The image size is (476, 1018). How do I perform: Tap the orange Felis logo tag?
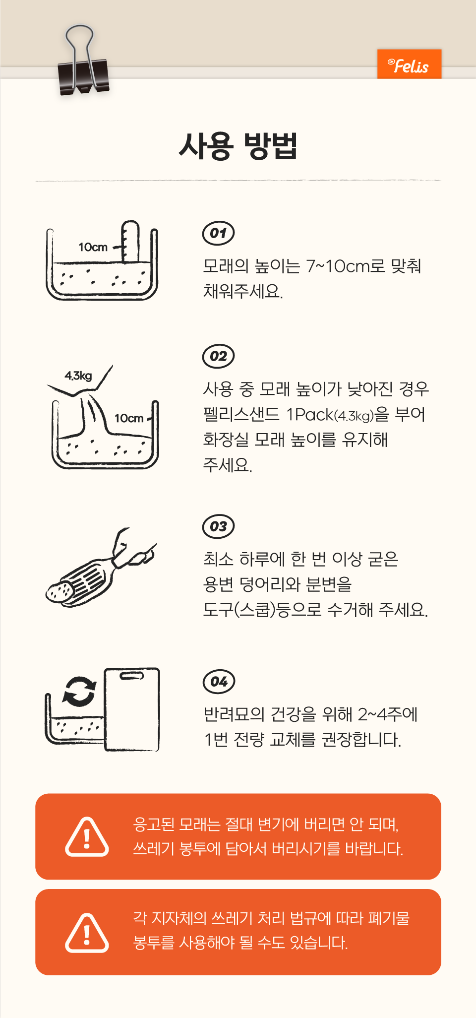(x=409, y=64)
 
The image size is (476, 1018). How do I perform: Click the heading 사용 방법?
(x=238, y=146)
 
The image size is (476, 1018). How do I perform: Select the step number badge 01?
(x=219, y=233)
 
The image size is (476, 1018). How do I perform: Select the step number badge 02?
(x=219, y=356)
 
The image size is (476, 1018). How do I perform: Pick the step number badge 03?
(x=219, y=526)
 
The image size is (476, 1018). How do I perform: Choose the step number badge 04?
(x=219, y=682)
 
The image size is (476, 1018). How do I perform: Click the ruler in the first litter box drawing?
(x=130, y=242)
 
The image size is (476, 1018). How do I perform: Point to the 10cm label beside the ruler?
(x=93, y=247)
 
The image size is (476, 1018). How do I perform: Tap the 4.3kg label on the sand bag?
(x=78, y=376)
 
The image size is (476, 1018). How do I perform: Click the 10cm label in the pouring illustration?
(x=129, y=418)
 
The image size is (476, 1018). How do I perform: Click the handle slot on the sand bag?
(x=132, y=676)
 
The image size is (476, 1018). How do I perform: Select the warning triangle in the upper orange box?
(x=87, y=837)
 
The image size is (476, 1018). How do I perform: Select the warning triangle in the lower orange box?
(x=87, y=933)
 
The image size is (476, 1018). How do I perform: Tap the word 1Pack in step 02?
(x=310, y=414)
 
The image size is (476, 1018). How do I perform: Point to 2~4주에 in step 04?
(x=388, y=714)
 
